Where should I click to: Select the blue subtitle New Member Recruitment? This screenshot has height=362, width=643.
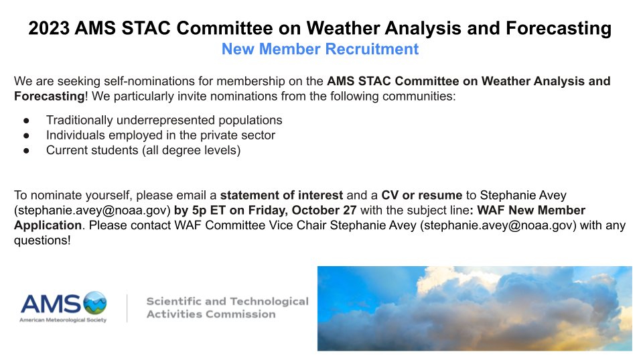click(320, 49)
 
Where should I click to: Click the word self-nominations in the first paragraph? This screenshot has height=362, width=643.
click(143, 82)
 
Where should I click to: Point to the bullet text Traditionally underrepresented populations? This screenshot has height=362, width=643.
click(164, 120)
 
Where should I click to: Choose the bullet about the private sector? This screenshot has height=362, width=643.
click(161, 135)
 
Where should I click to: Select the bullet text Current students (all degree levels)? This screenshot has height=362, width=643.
click(143, 150)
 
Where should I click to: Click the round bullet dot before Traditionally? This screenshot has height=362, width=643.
click(26, 121)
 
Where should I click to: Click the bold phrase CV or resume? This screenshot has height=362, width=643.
click(422, 196)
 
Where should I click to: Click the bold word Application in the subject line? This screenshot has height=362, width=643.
click(48, 225)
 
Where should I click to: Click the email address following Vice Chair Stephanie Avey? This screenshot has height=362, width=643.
click(498, 225)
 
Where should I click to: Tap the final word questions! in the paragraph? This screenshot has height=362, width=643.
click(42, 240)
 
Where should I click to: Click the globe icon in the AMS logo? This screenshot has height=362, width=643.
click(94, 303)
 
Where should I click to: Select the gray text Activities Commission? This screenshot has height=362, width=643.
click(211, 314)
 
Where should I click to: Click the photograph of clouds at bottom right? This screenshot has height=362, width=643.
click(474, 308)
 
